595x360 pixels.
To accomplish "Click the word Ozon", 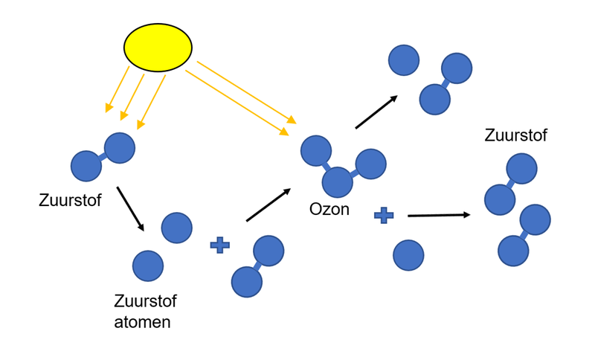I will pyautogui.click(x=329, y=209).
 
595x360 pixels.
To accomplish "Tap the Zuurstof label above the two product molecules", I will pyautogui.click(x=515, y=135).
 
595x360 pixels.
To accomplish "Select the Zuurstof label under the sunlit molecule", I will pyautogui.click(x=70, y=200).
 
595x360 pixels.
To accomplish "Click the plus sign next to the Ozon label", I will pyautogui.click(x=383, y=216).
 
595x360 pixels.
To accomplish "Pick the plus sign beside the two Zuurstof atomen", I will pyautogui.click(x=219, y=245).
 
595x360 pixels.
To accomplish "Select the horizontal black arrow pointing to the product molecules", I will pyautogui.click(x=439, y=215).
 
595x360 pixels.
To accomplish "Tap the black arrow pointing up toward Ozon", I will pyautogui.click(x=268, y=205).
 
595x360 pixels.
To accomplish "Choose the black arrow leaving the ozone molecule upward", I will pyautogui.click(x=376, y=112).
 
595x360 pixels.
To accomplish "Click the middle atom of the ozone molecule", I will pyautogui.click(x=337, y=181).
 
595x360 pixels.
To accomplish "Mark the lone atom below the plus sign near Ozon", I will pyautogui.click(x=408, y=255).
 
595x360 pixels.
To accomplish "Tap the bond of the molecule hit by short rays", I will pyautogui.click(x=103, y=158).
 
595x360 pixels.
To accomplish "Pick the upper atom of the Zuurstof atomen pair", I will pyautogui.click(x=176, y=228).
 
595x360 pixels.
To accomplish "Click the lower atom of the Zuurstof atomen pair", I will pyautogui.click(x=148, y=266).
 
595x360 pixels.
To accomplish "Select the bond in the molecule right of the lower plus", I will pyautogui.click(x=257, y=267).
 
